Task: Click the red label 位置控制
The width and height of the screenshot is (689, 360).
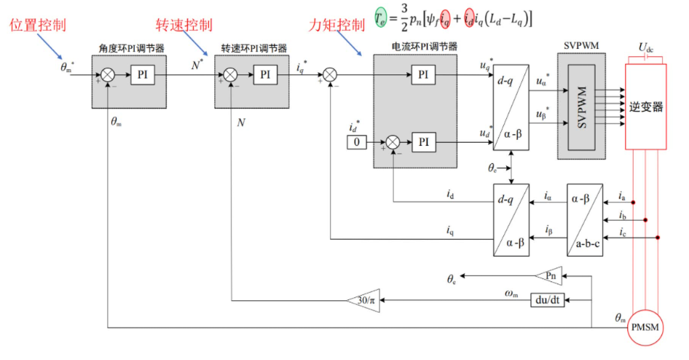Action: (x=38, y=26)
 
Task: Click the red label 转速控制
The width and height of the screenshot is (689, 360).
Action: (x=184, y=26)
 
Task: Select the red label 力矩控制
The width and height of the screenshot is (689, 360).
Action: (x=336, y=26)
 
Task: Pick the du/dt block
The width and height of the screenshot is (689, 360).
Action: (x=547, y=300)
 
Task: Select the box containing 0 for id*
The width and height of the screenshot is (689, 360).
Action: (x=357, y=142)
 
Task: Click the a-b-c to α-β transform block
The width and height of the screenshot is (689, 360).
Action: (x=585, y=219)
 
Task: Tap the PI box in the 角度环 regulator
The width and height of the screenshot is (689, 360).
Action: (x=143, y=74)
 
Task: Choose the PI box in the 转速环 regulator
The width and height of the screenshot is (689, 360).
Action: (x=264, y=74)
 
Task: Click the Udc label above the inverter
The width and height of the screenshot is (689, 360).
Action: (x=647, y=48)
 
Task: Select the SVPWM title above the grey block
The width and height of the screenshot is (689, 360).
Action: (x=581, y=45)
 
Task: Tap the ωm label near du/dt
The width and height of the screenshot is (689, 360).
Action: (x=512, y=292)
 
